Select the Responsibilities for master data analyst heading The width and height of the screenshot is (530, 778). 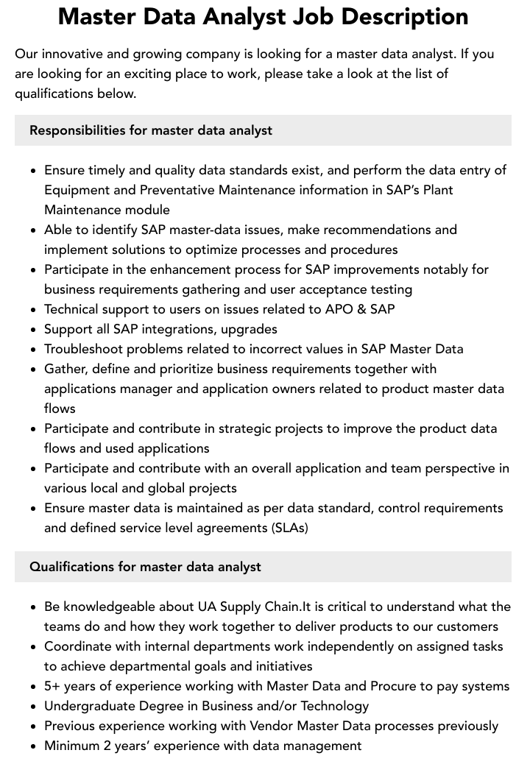pos(151,130)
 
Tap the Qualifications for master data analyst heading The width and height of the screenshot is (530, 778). pos(145,567)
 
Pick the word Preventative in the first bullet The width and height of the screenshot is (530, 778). pos(179,190)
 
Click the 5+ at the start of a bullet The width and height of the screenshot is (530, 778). pos(52,686)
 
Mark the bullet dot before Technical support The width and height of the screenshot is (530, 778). pos(34,310)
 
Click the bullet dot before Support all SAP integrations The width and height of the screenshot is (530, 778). pos(34,330)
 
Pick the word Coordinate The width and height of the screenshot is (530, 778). pos(79,646)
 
